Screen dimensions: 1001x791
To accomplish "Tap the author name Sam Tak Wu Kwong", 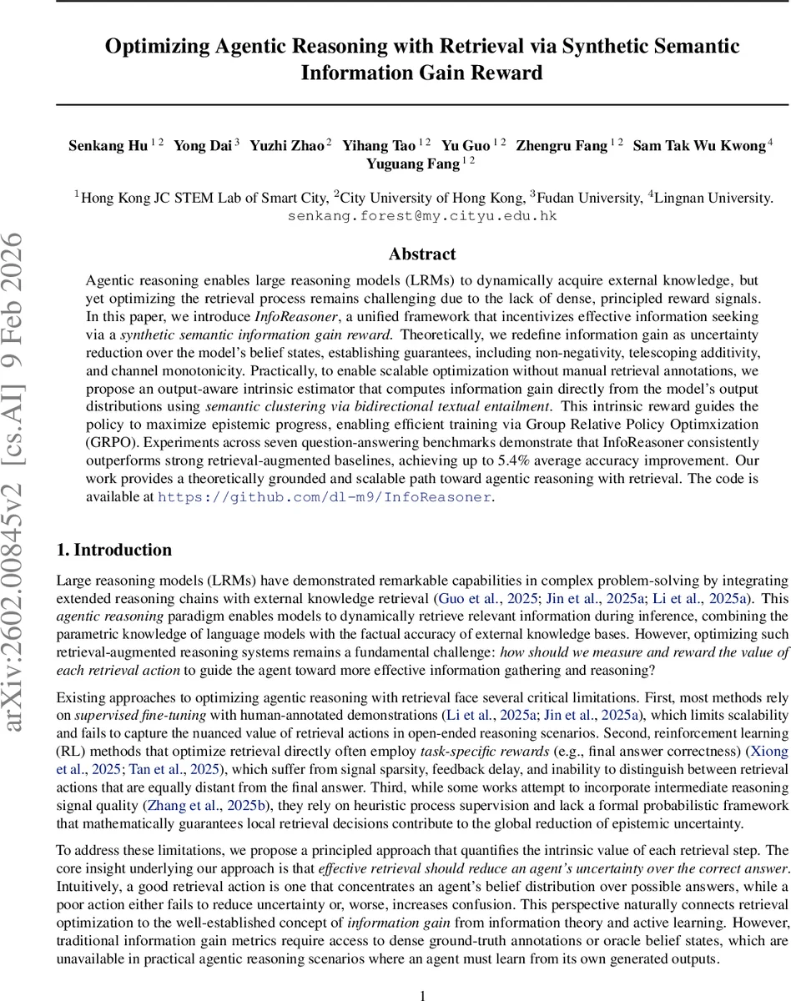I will [698, 146].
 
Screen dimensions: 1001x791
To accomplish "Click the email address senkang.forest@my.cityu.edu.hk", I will [422, 216].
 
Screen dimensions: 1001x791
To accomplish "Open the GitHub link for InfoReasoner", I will [325, 496].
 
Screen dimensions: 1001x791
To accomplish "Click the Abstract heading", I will [422, 254].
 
